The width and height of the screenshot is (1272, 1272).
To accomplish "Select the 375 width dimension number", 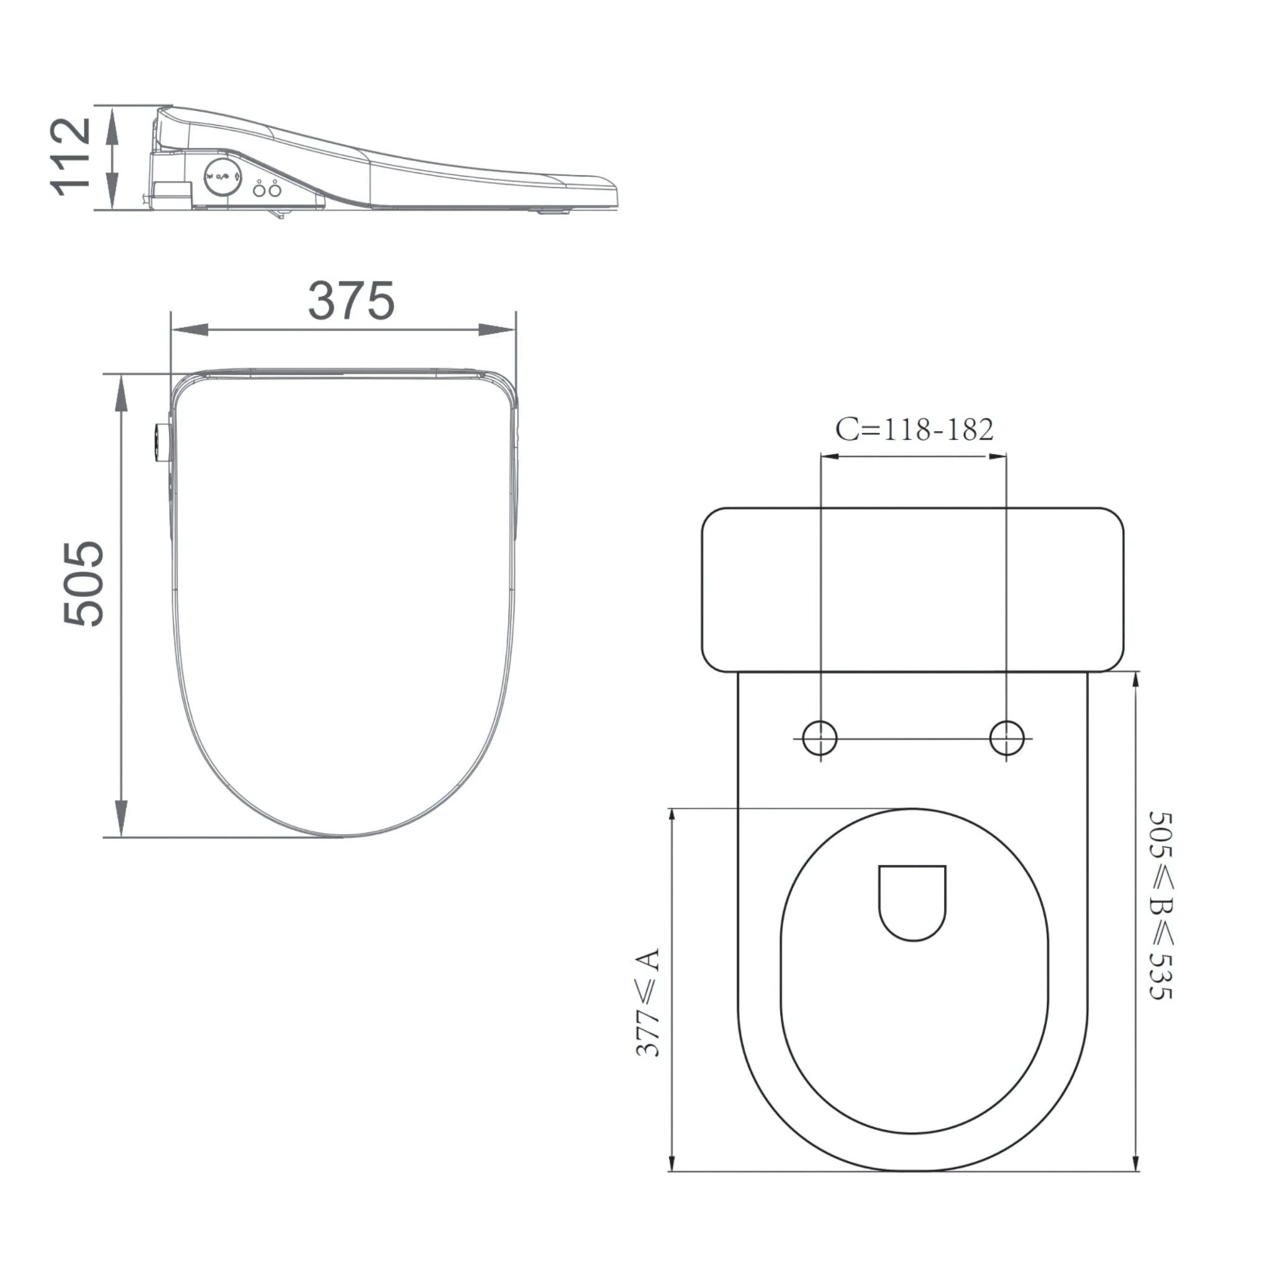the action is click(352, 301).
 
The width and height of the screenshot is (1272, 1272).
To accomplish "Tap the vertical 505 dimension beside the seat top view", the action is click(84, 583).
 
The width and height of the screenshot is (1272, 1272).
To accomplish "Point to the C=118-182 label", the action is click(914, 429).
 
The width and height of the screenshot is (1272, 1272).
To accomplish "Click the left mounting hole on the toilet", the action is click(820, 737).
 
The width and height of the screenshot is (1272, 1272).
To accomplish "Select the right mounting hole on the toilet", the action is click(1007, 737).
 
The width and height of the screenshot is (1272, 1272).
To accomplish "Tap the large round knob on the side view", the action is click(222, 177).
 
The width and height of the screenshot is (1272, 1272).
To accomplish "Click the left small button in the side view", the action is click(260, 189).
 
